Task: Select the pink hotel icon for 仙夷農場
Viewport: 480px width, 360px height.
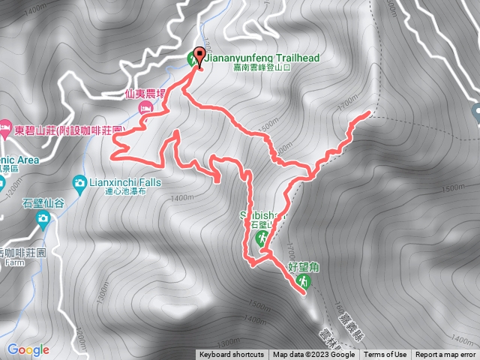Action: [x=145, y=109]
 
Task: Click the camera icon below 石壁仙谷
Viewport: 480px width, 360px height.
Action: [x=43, y=218]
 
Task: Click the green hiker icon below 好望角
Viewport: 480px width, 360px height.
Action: [x=303, y=280]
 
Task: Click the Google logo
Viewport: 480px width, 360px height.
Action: [x=28, y=349]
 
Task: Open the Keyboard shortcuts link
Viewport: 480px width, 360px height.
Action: [x=231, y=355]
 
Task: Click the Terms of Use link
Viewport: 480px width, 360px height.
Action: [x=385, y=355]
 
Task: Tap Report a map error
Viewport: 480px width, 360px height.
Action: [x=445, y=355]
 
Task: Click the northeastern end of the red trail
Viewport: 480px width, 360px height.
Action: [x=370, y=113]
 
